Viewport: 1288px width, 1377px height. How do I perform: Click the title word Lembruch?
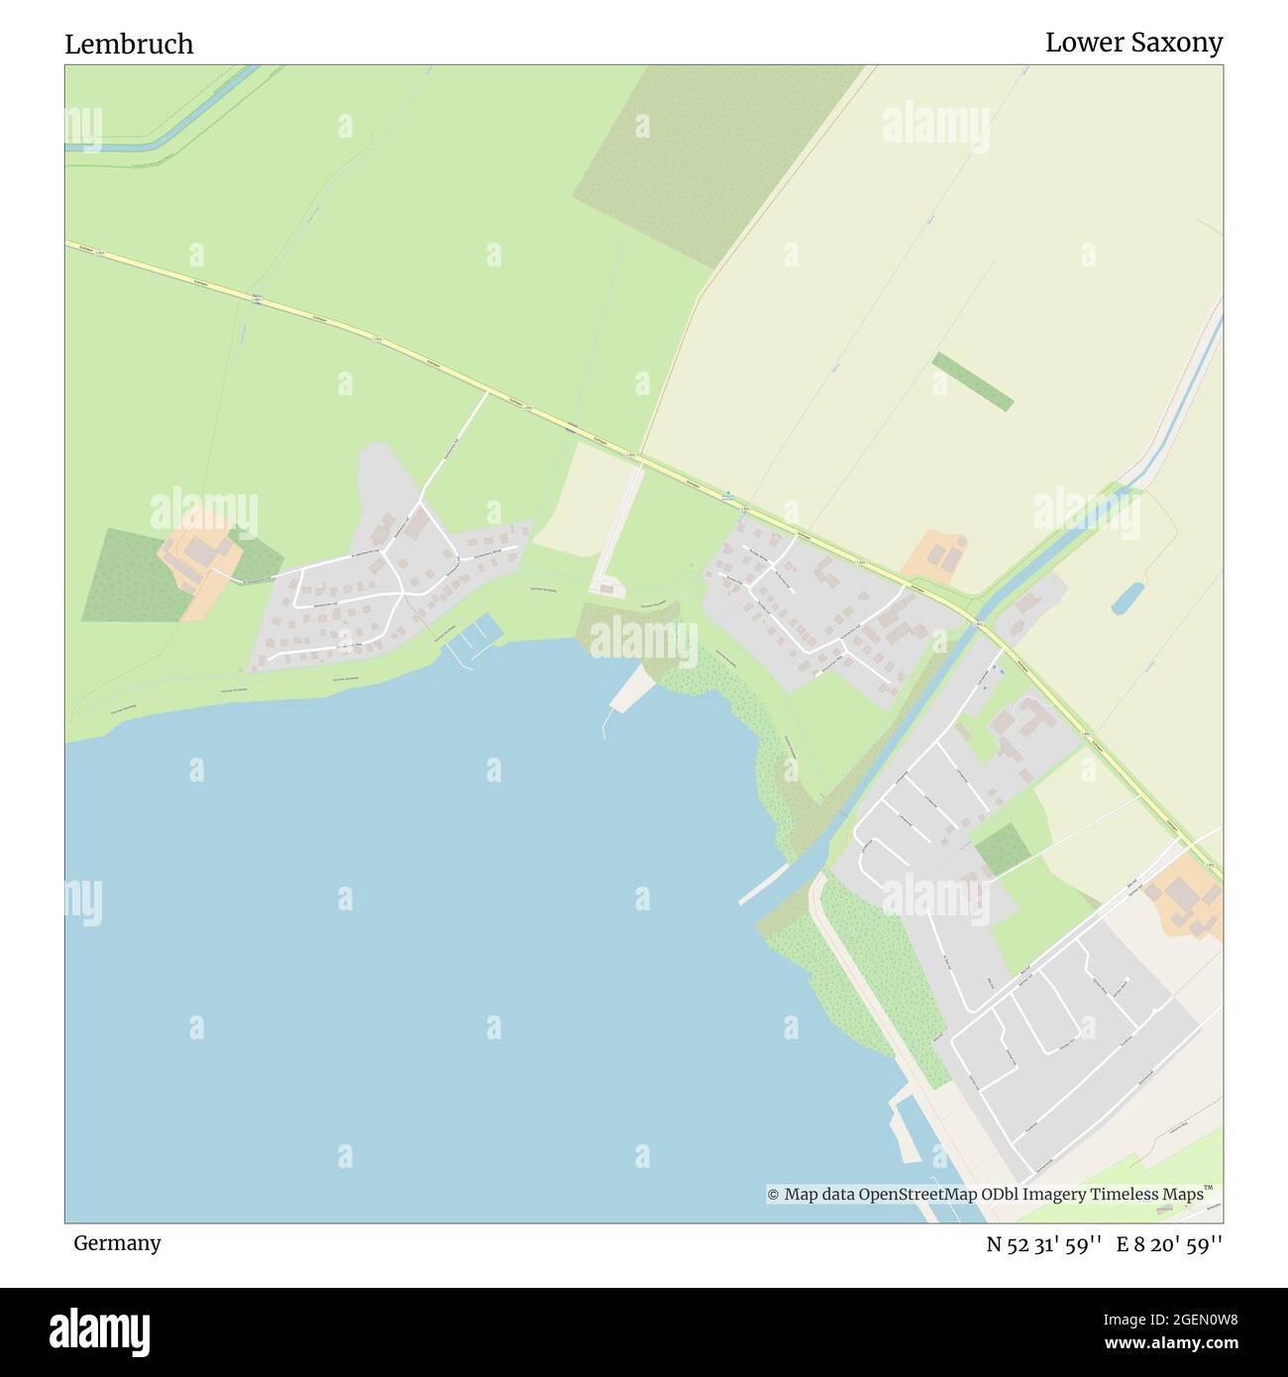129,45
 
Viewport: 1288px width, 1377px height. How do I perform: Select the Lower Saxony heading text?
1133,43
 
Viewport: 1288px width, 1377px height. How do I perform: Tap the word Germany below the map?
117,1242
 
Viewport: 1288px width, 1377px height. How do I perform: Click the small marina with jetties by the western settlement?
473,639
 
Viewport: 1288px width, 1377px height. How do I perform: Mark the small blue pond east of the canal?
1126,597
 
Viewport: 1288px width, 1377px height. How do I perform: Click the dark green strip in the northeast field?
972,381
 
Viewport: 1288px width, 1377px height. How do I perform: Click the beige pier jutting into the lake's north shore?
627,689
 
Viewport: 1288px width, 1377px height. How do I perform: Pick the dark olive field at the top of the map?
694,159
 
